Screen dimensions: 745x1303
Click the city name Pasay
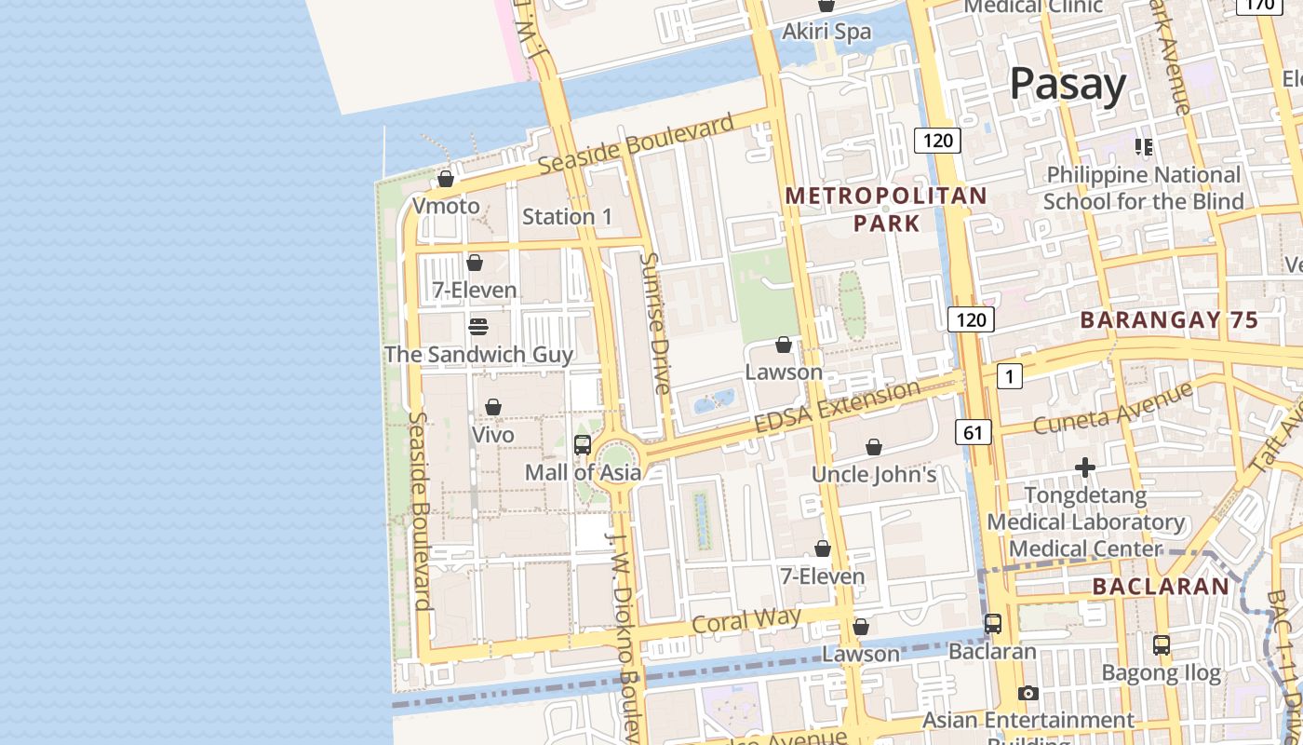1068,84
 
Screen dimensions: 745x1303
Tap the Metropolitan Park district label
886,209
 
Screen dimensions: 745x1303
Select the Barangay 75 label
1169,320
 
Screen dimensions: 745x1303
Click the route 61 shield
973,432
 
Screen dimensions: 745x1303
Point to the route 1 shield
1009,376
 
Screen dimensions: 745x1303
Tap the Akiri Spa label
826,32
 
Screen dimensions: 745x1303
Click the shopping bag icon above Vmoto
446,179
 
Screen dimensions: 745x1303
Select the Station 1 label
567,217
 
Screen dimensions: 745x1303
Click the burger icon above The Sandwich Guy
478,327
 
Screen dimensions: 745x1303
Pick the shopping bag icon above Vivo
493,408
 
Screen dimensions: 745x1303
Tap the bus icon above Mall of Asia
583,445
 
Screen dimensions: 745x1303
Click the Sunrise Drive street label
656,323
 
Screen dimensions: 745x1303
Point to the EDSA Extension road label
837,406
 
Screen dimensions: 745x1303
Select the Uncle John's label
874,474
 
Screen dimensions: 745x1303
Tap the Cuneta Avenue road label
1113,409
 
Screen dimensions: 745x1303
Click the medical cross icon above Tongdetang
1084,467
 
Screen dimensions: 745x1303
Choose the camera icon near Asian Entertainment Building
1028,693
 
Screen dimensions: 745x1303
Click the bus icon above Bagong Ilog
1162,644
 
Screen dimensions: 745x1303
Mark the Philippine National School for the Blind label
1143,188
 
